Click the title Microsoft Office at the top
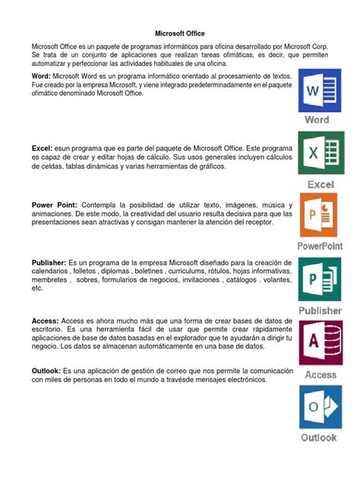pyautogui.click(x=179, y=33)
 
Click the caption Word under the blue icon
pyautogui.click(x=317, y=120)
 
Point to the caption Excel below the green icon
pyautogui.click(x=320, y=184)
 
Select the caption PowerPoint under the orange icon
pyautogui.click(x=319, y=247)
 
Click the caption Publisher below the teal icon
pyautogui.click(x=319, y=311)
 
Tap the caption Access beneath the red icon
pyautogui.click(x=321, y=374)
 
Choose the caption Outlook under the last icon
pyautogui.click(x=319, y=438)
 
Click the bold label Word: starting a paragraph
pyautogui.click(x=42, y=77)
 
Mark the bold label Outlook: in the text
pyautogui.click(x=46, y=371)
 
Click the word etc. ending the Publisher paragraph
pyautogui.click(x=37, y=289)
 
